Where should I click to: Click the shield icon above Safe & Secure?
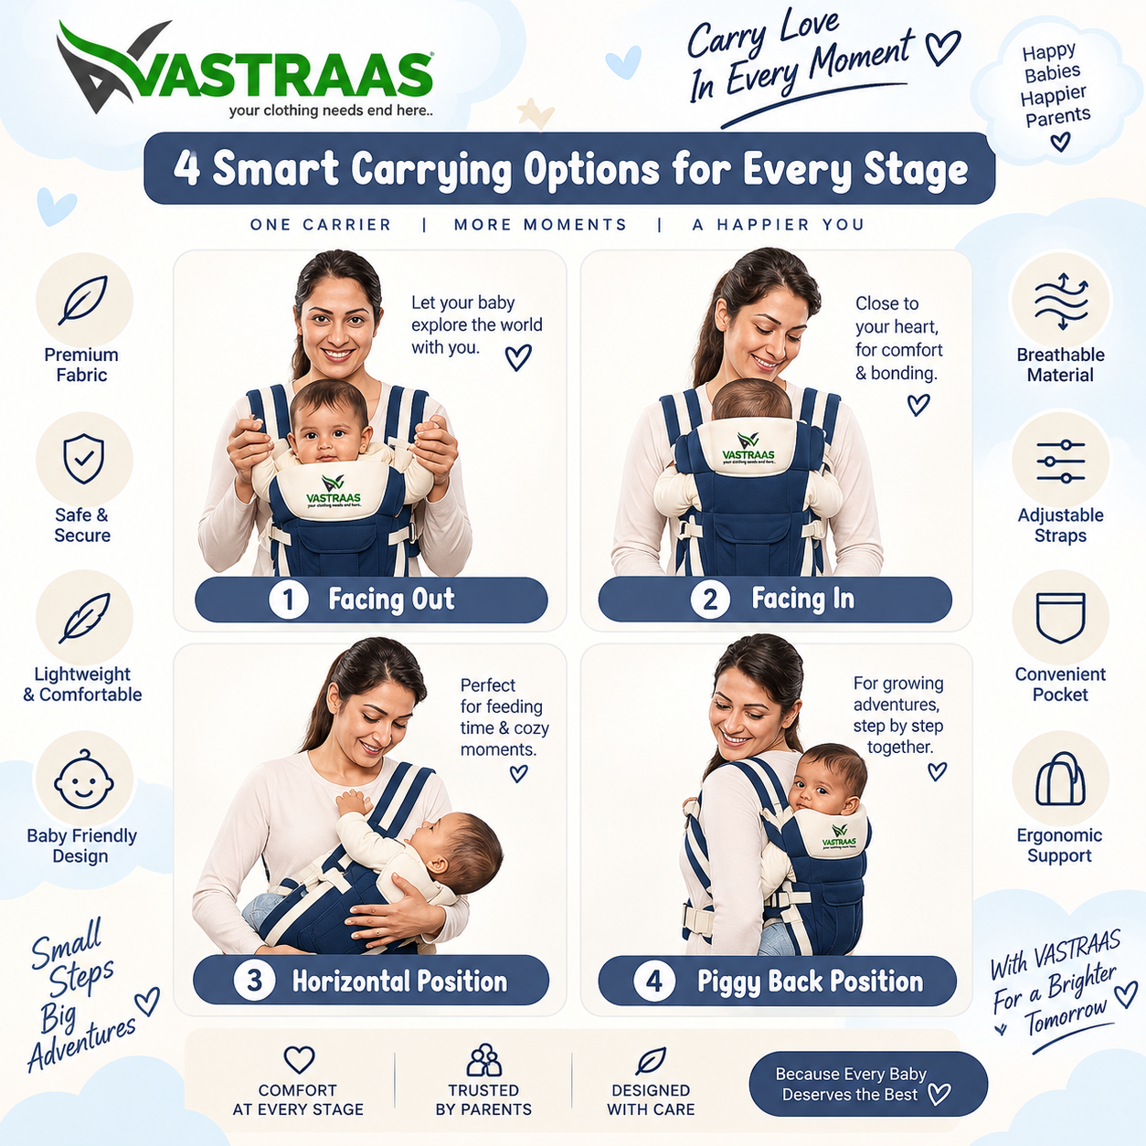click(x=84, y=458)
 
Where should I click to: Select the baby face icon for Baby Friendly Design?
click(x=84, y=779)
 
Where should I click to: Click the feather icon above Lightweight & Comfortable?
click(x=84, y=619)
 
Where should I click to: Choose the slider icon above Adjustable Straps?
click(x=1061, y=462)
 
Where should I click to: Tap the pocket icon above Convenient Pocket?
click(x=1061, y=618)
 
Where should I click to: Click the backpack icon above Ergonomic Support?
click(x=1061, y=779)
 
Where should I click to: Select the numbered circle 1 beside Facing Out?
click(x=289, y=600)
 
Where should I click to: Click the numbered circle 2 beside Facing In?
click(x=710, y=599)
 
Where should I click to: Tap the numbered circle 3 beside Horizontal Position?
click(x=254, y=980)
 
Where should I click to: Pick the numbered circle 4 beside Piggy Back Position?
click(x=654, y=981)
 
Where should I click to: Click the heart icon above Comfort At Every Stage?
click(x=299, y=1060)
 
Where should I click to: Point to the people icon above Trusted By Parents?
click(x=483, y=1059)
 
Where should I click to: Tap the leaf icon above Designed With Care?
click(x=651, y=1060)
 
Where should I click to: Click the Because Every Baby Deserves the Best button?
click(x=867, y=1084)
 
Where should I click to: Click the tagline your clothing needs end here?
click(x=331, y=111)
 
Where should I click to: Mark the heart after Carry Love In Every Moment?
click(x=942, y=48)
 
